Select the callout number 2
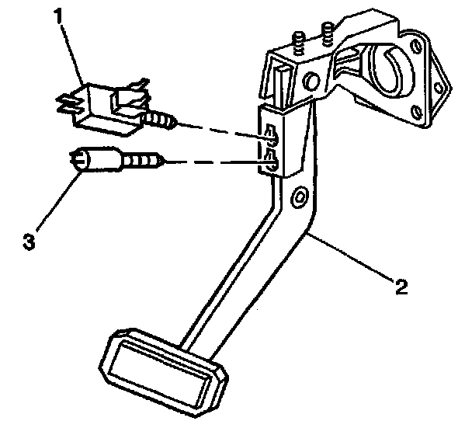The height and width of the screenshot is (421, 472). point(401,287)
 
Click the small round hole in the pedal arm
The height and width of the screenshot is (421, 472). point(297,200)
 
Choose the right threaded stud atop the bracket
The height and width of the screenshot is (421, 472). point(326,33)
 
